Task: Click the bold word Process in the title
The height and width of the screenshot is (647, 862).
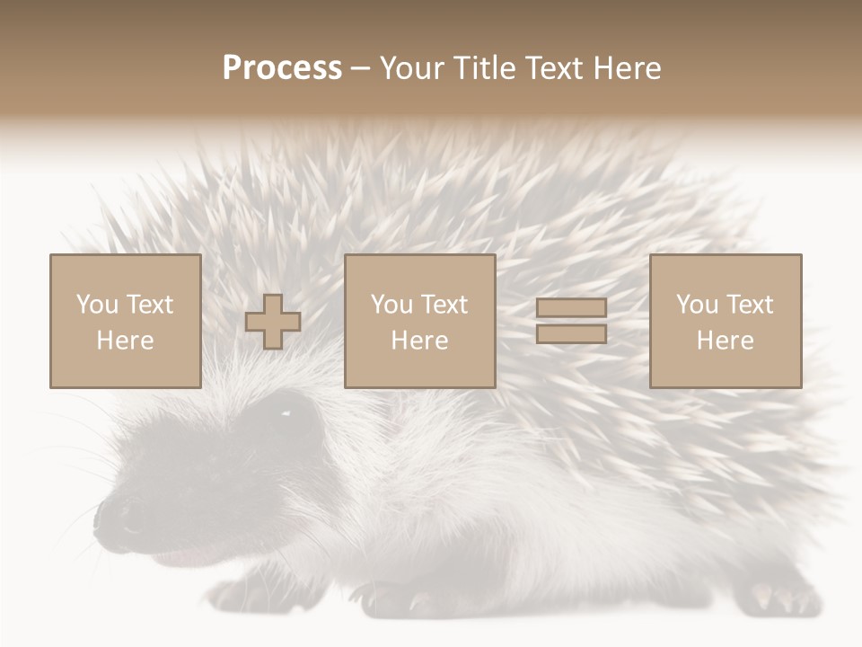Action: pyautogui.click(x=282, y=68)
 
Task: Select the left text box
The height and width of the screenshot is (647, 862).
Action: pyautogui.click(x=126, y=321)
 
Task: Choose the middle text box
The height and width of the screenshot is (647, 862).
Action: pyautogui.click(x=420, y=321)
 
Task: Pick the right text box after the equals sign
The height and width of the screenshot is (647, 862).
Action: pyautogui.click(x=726, y=321)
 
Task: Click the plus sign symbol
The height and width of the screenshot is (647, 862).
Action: pyautogui.click(x=273, y=322)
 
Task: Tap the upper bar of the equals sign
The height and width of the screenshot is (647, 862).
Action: pyautogui.click(x=571, y=307)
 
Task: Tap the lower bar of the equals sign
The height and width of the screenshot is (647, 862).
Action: pyautogui.click(x=571, y=333)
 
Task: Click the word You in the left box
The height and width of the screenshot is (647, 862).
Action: pyautogui.click(x=97, y=304)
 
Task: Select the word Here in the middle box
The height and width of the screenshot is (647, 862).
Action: pyautogui.click(x=420, y=341)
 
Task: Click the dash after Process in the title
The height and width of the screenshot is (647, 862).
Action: pyautogui.click(x=360, y=68)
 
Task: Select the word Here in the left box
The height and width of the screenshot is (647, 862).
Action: pyautogui.click(x=126, y=341)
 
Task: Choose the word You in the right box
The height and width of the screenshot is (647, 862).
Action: pyautogui.click(x=697, y=304)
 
